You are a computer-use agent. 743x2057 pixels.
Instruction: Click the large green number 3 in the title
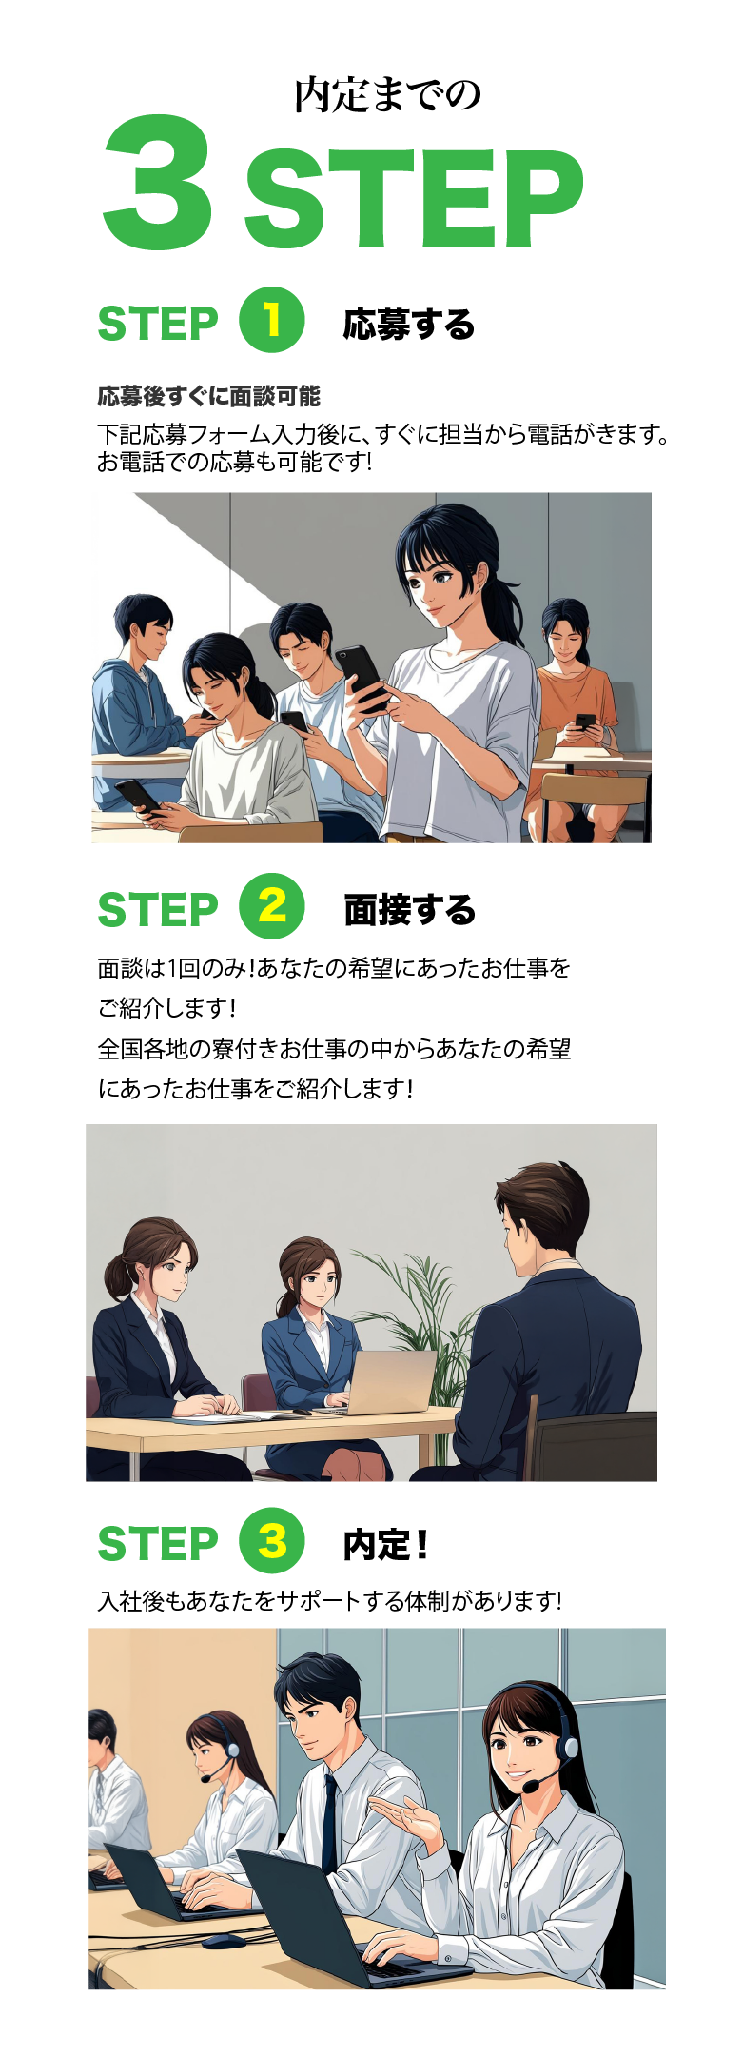(158, 183)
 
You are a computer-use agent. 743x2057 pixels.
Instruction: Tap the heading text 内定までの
(388, 95)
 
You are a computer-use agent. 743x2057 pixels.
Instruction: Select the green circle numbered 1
(271, 320)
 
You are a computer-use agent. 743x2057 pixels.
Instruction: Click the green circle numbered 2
(271, 905)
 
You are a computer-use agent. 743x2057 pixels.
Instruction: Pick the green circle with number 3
(271, 1540)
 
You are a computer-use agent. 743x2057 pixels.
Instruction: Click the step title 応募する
(409, 325)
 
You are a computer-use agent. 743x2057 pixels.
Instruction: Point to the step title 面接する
(409, 910)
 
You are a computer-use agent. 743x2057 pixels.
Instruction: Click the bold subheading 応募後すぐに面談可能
(209, 396)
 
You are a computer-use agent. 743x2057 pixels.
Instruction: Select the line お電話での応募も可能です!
(234, 463)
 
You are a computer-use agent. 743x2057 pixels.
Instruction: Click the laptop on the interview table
(385, 1384)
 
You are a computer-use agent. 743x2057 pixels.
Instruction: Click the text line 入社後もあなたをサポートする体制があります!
(330, 1601)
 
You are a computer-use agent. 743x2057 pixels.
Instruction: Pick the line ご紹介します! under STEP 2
(166, 1007)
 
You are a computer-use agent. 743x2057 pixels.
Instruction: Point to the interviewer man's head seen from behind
(540, 1213)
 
